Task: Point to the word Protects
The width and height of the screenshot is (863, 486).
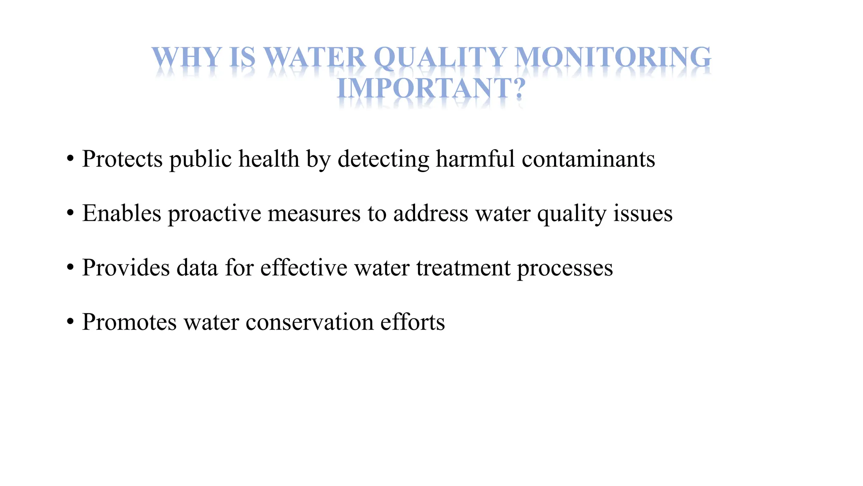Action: pos(122,159)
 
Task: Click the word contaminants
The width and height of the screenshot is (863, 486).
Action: pos(588,159)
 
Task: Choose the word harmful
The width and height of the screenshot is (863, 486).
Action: pos(475,159)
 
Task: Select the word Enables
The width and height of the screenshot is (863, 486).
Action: pos(121,213)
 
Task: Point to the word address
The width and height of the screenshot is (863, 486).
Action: pos(431,213)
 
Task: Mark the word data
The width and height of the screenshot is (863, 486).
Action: pos(197,268)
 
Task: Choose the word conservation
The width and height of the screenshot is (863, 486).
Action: pos(310,322)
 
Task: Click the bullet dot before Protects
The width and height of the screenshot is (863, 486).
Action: pos(70,160)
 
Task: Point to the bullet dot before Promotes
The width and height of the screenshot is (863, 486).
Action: pos(70,323)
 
